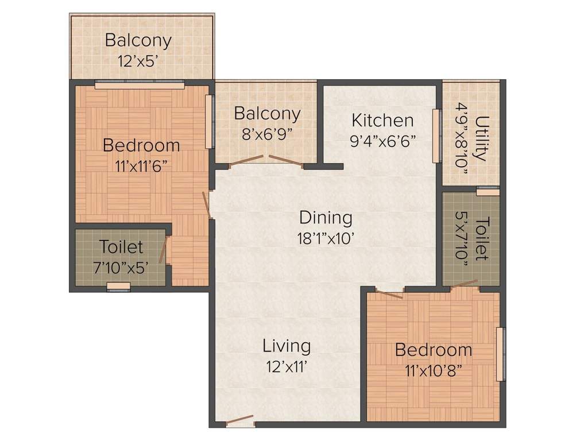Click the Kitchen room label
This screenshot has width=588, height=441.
click(382, 121)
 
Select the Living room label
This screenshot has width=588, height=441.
click(287, 346)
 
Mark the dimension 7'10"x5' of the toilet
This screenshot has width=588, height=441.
click(121, 267)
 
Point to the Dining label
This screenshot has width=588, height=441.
click(326, 218)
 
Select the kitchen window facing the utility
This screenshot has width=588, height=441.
click(436, 136)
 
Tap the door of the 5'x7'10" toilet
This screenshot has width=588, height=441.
click(464, 284)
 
